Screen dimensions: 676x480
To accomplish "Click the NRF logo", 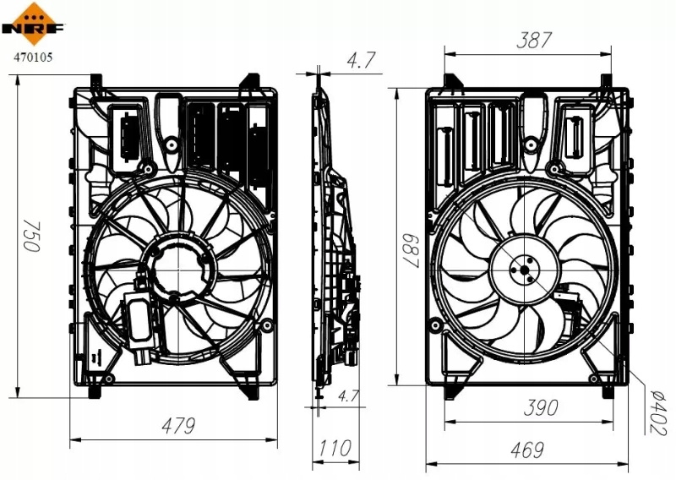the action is pyautogui.click(x=34, y=24).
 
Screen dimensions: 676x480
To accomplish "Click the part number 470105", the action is pyautogui.click(x=33, y=57).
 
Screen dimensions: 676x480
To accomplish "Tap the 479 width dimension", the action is pyautogui.click(x=178, y=426).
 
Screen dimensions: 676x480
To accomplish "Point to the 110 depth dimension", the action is pyautogui.click(x=335, y=448).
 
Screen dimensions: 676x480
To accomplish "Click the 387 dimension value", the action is pyautogui.click(x=534, y=40).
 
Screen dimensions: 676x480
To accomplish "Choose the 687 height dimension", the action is pyautogui.click(x=411, y=252).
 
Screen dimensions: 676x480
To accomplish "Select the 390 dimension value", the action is pyautogui.click(x=541, y=407).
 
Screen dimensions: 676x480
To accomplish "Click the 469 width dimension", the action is pyautogui.click(x=526, y=450).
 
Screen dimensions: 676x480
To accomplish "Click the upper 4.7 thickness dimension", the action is pyautogui.click(x=361, y=60).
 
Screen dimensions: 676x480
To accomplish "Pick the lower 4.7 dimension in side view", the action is pyautogui.click(x=347, y=395).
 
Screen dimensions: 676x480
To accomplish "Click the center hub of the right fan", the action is pyautogui.click(x=525, y=270).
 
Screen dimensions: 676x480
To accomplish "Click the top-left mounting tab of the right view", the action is pyautogui.click(x=450, y=81).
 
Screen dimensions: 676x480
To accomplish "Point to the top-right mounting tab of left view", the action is pyautogui.click(x=250, y=81).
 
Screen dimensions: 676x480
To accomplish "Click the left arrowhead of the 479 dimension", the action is pyautogui.click(x=75, y=440).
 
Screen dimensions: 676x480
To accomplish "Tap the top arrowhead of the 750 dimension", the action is pyautogui.click(x=18, y=80).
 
